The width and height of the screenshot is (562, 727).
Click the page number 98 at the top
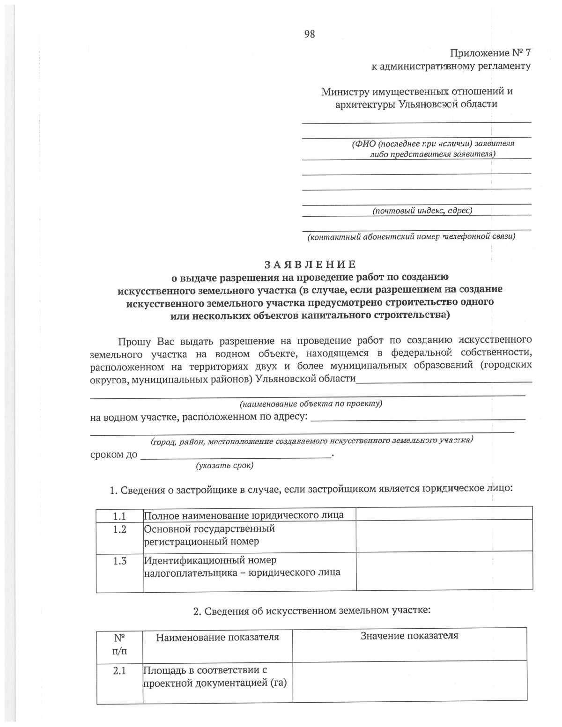click(x=309, y=34)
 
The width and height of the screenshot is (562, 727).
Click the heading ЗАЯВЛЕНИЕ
click(x=310, y=264)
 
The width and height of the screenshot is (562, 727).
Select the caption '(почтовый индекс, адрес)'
click(x=422, y=211)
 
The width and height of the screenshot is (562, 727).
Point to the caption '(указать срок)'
click(x=225, y=465)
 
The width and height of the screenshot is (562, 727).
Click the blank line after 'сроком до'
click(x=236, y=455)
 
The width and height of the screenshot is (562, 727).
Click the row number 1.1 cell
click(x=120, y=516)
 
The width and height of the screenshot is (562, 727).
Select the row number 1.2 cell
click(x=120, y=530)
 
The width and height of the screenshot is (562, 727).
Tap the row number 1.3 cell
click(x=120, y=561)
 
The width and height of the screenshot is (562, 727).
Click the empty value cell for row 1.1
click(x=444, y=514)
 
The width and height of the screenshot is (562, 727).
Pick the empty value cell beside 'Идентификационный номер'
click(x=444, y=571)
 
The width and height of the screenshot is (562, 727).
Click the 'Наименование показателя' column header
click(x=217, y=637)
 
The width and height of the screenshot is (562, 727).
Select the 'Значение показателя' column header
click(x=409, y=636)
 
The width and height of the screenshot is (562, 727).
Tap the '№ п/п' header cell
click(x=120, y=644)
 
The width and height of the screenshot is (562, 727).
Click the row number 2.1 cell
click(x=120, y=671)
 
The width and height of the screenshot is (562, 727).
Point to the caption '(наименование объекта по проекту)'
click(x=311, y=404)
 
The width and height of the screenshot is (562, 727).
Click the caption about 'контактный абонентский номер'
click(x=411, y=237)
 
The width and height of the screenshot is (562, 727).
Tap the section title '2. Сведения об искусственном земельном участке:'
click(x=312, y=610)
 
